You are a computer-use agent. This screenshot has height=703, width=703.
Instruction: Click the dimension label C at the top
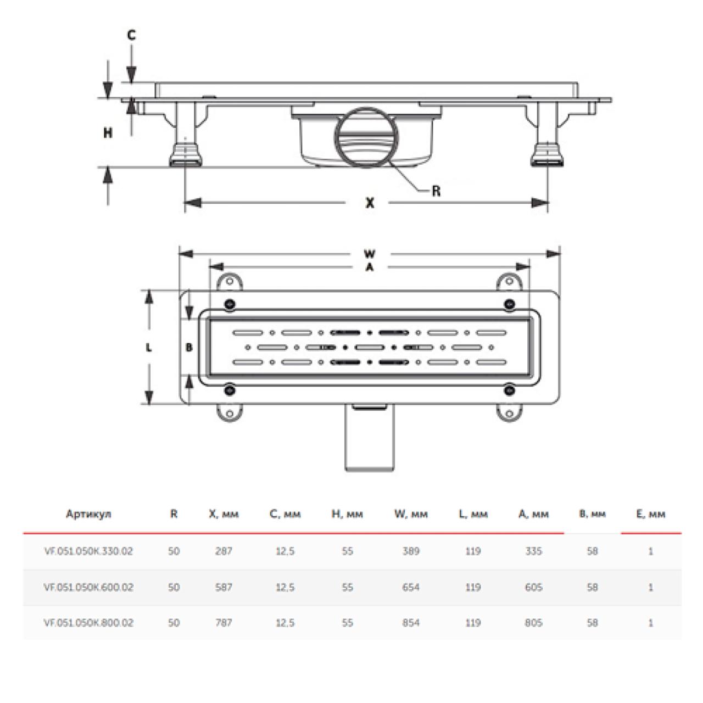pos(131,35)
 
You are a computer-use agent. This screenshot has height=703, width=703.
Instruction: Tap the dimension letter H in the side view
pos(108,133)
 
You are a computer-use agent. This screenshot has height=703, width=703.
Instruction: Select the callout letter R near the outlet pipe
pos(436,191)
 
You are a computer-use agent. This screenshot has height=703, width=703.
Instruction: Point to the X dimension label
pos(370,203)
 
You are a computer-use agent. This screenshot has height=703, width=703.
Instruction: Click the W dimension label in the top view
pos(370,254)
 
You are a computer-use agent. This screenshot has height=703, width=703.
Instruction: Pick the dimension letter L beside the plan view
pos(148,348)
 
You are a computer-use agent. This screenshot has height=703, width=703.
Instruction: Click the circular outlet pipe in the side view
pos(366,137)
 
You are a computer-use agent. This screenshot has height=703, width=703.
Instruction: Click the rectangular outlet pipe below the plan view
pos(370,437)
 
